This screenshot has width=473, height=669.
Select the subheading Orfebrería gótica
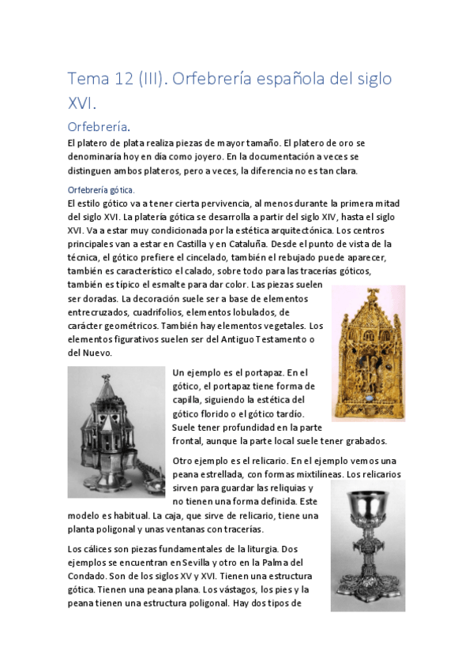pyautogui.click(x=101, y=190)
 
